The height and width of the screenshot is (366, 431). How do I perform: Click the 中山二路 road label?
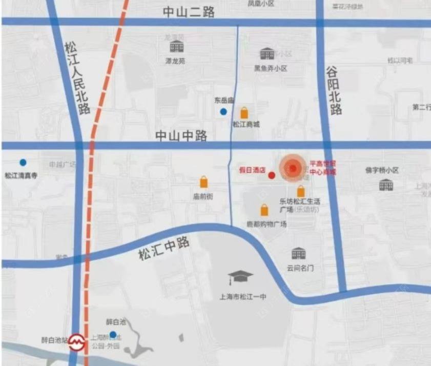click(189, 13)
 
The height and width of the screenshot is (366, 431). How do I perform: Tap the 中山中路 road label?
click(181, 136)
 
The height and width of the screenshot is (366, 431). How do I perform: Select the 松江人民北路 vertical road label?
click(77, 77)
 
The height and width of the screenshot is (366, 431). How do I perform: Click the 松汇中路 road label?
click(164, 248)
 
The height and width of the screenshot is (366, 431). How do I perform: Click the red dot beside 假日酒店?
click(272, 175)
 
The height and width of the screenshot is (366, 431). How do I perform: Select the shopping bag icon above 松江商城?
click(245, 113)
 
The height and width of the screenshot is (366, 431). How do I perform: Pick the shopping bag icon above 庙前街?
click(204, 182)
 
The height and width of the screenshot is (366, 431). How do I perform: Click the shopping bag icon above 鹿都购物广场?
click(264, 210)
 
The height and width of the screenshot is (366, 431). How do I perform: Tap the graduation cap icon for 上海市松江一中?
click(240, 278)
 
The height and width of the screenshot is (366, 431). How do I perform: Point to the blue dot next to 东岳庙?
click(223, 111)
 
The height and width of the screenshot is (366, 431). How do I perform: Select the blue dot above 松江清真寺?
click(23, 162)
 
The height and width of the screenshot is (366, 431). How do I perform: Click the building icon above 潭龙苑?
click(177, 47)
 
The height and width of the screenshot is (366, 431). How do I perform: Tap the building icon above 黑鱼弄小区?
click(267, 53)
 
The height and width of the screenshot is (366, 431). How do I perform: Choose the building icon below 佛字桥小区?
click(386, 185)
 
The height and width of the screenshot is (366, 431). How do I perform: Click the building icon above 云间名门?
click(298, 253)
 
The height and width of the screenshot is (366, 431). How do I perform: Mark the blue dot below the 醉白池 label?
click(113, 334)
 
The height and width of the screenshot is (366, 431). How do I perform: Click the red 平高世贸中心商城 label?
click(323, 168)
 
